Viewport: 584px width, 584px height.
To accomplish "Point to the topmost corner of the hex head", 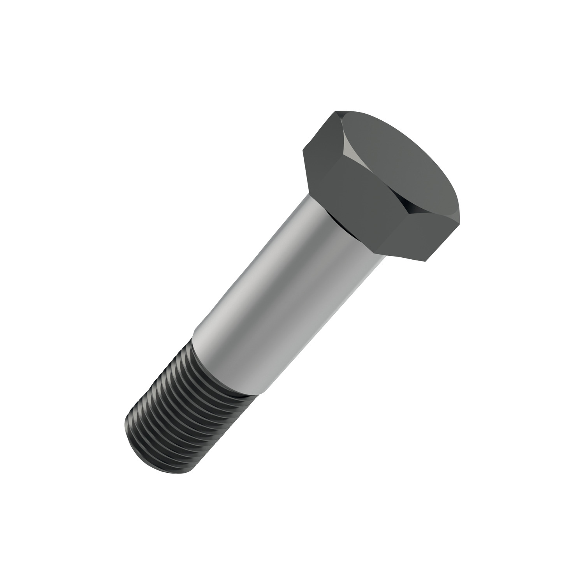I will tap(337, 112).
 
